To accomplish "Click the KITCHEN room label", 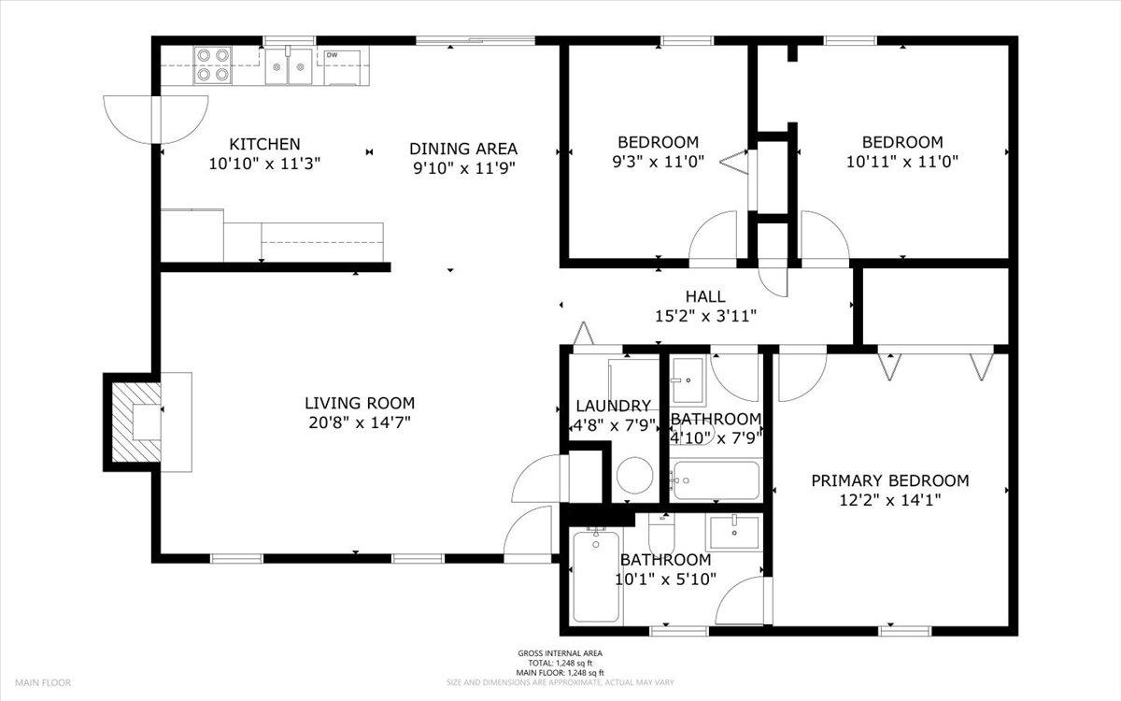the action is coord(264,144).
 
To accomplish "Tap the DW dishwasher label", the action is coord(332,55).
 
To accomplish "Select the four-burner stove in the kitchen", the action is coord(213,64).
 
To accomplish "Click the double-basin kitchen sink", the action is coord(289,66).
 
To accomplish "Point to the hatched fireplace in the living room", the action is coord(136,422).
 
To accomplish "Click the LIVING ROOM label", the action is coord(360,403).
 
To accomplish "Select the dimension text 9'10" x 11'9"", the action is coord(464,168).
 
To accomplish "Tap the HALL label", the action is coord(705,296).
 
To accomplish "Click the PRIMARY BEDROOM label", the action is coord(889,480).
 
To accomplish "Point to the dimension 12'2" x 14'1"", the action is coord(890,500).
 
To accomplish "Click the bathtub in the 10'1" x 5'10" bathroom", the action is coord(596,576).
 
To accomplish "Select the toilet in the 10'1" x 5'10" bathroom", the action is coord(661,533).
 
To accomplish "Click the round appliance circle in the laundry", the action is coord(634,475).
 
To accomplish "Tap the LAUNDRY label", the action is coord(613,406).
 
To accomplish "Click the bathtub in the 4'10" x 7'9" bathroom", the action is coord(717,480).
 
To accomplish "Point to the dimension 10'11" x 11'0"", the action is coord(901,162).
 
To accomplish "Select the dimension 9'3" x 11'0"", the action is coord(658,162).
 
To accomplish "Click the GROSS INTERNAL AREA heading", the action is coord(560,653).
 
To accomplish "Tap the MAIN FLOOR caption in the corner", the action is coord(43,682).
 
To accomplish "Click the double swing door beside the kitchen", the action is coord(156,120).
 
